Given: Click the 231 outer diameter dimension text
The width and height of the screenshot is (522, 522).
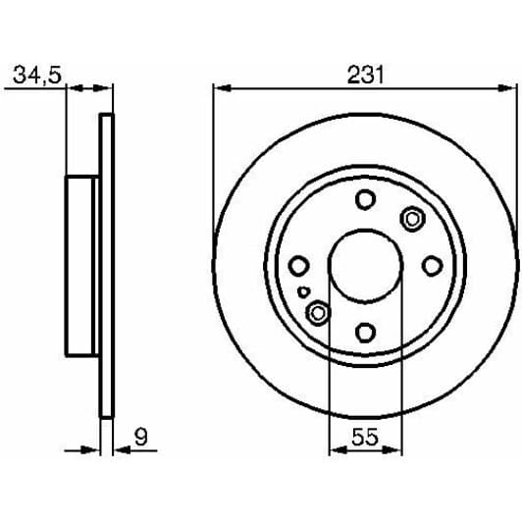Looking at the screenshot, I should tap(364, 75).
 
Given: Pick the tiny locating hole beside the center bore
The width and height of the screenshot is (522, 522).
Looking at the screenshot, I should tap(306, 290).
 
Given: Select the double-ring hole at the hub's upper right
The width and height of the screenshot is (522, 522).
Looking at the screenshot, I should tap(412, 218).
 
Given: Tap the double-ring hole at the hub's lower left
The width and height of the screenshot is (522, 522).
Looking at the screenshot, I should tap(317, 312).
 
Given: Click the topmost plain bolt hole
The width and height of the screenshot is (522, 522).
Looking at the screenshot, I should tap(364, 200).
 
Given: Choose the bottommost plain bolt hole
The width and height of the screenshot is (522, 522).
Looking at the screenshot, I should tap(364, 331).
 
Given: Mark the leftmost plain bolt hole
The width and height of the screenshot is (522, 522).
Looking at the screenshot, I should tap(298, 265).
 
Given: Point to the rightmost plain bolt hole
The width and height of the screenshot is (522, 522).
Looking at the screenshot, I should tap(430, 265).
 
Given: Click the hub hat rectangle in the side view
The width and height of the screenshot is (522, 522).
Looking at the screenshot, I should tap(82, 266).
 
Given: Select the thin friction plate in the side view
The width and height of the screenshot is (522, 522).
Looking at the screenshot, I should tap(107, 266).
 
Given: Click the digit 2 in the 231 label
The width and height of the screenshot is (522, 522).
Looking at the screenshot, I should tap(351, 75).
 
